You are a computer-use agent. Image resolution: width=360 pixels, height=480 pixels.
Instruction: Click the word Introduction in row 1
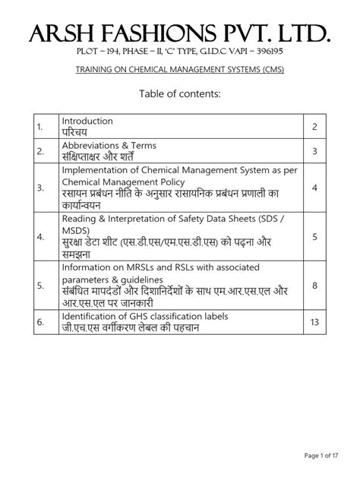point(87,121)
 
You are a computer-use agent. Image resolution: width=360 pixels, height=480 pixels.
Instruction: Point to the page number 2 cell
point(314,127)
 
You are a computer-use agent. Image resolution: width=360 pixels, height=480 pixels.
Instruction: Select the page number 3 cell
point(314,153)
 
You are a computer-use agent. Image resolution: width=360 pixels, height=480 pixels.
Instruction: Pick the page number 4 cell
point(314,188)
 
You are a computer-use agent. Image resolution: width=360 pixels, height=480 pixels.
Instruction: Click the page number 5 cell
point(314,238)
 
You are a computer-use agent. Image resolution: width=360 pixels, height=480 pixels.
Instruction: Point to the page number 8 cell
point(314,286)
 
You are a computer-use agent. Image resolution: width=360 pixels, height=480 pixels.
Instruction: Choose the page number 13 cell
point(314,322)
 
